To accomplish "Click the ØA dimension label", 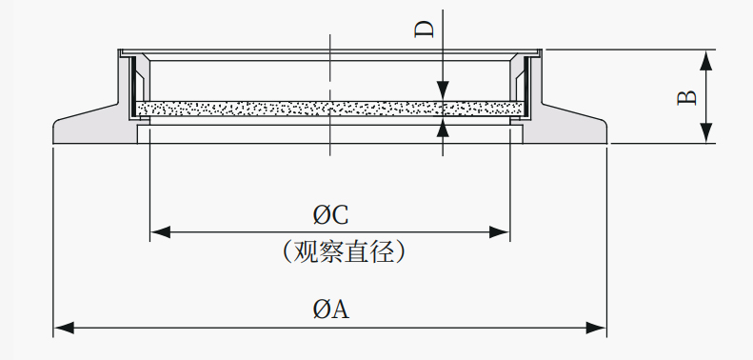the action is click(x=331, y=309).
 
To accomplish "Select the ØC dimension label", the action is click(x=331, y=214).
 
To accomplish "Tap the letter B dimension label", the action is click(x=686, y=97).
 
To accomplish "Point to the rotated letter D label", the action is click(x=424, y=29).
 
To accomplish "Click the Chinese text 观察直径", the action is click(x=344, y=251).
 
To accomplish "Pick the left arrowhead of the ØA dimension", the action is click(x=64, y=329).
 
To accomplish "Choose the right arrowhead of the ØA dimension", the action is click(x=596, y=329).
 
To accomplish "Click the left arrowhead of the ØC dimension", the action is click(x=160, y=232).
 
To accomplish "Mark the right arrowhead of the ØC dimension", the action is click(x=499, y=232).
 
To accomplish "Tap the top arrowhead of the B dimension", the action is click(x=706, y=60).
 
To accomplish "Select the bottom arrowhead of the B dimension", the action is click(x=706, y=132).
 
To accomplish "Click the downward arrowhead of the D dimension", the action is click(x=443, y=90).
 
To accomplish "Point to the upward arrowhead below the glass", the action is click(x=443, y=127).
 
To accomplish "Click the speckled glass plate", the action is click(x=330, y=109).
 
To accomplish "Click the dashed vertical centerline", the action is click(x=330, y=94).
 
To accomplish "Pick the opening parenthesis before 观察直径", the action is click(x=287, y=251).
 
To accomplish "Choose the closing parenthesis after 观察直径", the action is click(x=401, y=251).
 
